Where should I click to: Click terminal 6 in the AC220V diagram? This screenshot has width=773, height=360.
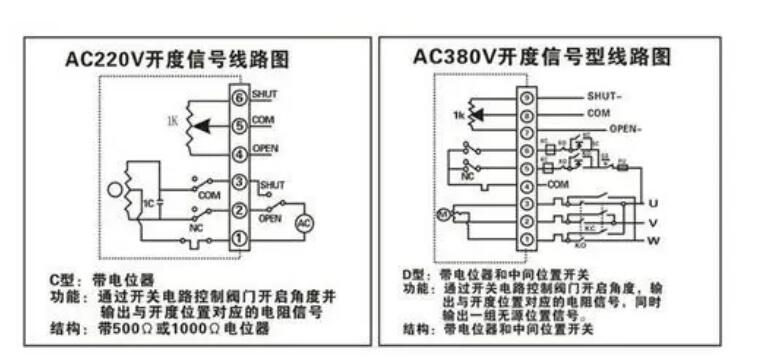tap(239, 98)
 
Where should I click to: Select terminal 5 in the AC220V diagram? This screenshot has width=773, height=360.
tap(239, 126)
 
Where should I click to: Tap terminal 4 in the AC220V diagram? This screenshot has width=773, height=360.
tap(239, 154)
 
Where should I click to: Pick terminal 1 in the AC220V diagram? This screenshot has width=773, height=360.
tap(239, 238)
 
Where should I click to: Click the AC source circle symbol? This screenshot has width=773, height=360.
tap(303, 222)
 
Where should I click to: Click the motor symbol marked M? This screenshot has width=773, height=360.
tap(439, 212)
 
